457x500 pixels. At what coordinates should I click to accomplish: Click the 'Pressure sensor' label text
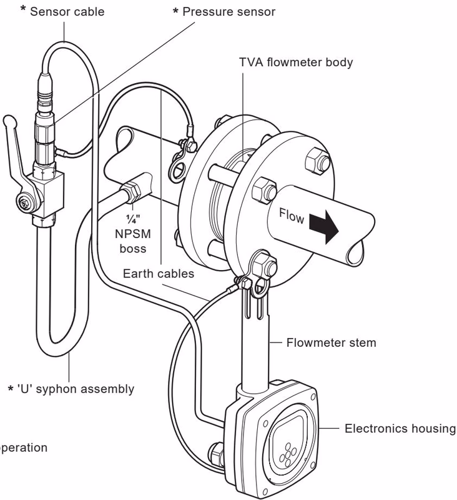(228, 12)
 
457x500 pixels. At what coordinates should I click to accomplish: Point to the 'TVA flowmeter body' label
(296, 62)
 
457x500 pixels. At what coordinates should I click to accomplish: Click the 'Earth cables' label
(158, 273)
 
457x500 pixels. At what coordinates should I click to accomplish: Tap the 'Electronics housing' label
(400, 429)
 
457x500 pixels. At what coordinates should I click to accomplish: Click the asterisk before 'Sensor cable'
(24, 11)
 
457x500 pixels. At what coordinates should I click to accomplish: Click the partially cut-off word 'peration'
(23, 447)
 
